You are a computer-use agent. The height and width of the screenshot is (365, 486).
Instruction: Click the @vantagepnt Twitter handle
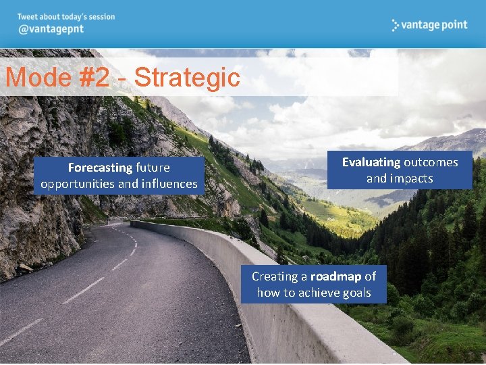[x=51, y=31]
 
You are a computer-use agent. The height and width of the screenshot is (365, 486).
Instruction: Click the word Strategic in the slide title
[x=187, y=78]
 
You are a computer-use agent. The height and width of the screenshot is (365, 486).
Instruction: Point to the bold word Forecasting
[x=100, y=168]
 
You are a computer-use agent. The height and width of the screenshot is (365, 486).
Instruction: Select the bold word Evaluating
[x=371, y=162]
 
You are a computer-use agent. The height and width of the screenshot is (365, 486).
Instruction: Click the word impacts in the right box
[x=409, y=178]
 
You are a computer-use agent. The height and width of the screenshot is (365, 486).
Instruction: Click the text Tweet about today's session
[x=66, y=17]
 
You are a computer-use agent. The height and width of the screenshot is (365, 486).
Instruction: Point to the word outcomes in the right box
[x=431, y=162]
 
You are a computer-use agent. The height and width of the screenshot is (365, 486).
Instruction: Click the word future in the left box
[x=153, y=168]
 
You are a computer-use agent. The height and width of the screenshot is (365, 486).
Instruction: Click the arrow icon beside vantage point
[x=396, y=25]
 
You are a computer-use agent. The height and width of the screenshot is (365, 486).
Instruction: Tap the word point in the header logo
[x=453, y=25]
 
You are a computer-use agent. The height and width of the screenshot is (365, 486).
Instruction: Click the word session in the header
[x=101, y=17]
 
